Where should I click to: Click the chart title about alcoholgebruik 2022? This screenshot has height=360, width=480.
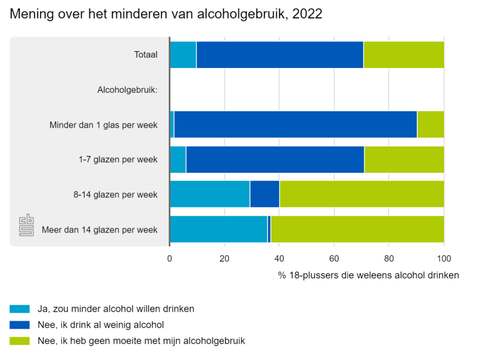click(166, 14)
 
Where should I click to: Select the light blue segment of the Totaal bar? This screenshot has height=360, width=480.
click(183, 55)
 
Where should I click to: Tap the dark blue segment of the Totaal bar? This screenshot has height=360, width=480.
click(280, 55)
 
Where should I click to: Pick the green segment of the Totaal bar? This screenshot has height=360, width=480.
click(404, 55)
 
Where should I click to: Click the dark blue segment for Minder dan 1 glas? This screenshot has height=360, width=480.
click(295, 125)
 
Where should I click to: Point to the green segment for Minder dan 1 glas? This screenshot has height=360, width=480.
click(431, 125)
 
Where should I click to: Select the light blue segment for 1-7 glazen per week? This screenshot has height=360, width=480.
click(177, 160)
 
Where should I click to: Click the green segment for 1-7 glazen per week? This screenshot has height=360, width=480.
click(404, 160)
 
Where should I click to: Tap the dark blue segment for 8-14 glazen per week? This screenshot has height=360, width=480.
click(265, 194)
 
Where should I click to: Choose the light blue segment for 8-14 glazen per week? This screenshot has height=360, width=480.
click(210, 194)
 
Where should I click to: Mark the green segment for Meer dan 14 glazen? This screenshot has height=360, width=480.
click(357, 229)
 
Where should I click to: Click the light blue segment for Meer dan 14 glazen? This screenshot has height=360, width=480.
click(219, 229)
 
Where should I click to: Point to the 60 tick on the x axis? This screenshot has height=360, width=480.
click(334, 258)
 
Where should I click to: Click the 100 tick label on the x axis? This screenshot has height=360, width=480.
click(444, 258)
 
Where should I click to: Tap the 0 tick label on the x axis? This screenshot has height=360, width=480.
click(170, 258)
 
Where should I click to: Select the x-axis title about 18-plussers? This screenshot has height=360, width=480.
click(369, 275)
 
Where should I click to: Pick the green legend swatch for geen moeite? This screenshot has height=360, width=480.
click(20, 341)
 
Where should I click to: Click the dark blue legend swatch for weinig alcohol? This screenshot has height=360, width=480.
click(20, 325)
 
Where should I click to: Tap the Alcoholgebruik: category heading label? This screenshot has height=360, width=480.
click(127, 90)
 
